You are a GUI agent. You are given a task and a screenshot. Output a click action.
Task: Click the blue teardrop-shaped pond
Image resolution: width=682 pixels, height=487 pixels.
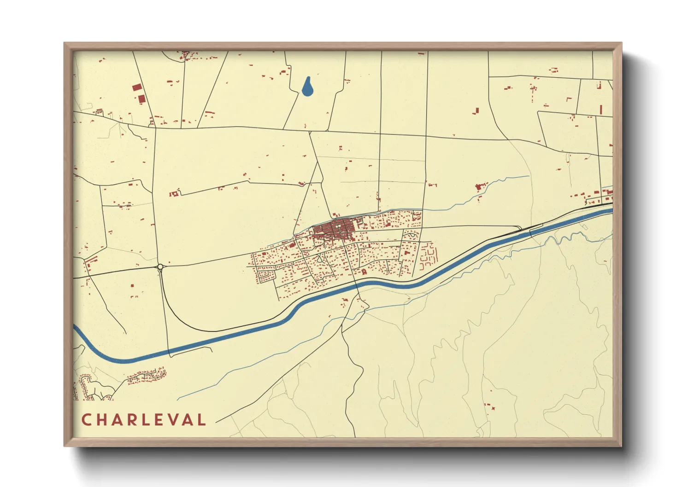[x=307, y=87]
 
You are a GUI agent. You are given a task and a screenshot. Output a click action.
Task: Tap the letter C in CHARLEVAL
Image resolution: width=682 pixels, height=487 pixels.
[x=86, y=420]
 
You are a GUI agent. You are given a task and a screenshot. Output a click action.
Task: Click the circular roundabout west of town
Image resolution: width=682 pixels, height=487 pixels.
[x=160, y=267]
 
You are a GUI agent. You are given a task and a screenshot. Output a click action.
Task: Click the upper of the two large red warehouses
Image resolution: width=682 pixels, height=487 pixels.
[x=136, y=87]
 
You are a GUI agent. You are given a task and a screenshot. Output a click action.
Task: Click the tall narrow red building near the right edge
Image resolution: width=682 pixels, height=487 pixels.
[x=601, y=110]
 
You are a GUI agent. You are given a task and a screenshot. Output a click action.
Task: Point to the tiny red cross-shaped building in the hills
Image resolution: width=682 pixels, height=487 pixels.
[x=493, y=408]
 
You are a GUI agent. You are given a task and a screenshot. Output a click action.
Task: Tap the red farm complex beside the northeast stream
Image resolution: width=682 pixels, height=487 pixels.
[x=480, y=186]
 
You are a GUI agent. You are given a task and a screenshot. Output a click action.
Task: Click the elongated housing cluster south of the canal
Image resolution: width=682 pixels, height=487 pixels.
[x=147, y=376]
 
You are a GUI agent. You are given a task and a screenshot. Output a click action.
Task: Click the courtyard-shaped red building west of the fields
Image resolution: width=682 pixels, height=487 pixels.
[x=174, y=194]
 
